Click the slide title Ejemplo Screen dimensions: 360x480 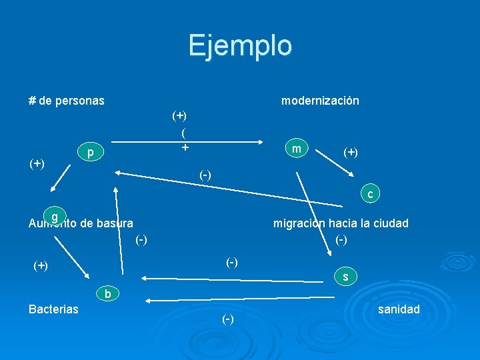pos(240,45)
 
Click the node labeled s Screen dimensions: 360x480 pos(345,276)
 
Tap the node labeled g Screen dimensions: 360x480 pos(55,217)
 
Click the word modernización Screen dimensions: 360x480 pos(320,101)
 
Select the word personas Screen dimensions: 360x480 pos(79,101)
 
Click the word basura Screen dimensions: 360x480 pos(114,223)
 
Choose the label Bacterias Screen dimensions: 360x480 pos(53,309)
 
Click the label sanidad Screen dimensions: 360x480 pos(399,309)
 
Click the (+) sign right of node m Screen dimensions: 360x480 pos(351,153)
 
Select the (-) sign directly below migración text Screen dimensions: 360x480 pos(341,239)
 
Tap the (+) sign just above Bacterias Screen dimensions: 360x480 pos(41,265)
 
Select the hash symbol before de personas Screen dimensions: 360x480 pos(32,101)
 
